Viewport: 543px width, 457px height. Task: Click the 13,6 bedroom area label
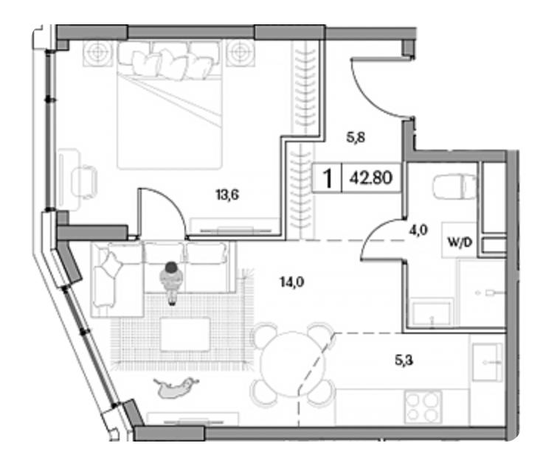(227, 195)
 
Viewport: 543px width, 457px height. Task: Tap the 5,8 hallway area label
(356, 138)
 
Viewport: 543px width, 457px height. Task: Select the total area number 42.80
(371, 178)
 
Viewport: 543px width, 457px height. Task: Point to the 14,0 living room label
(292, 282)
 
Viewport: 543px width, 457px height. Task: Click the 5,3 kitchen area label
(404, 360)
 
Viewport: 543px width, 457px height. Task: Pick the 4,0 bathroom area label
(418, 230)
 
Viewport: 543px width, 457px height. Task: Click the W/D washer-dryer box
(459, 240)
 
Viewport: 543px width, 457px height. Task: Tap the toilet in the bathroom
(454, 186)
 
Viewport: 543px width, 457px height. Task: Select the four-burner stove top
(423, 406)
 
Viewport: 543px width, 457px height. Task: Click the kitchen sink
(487, 362)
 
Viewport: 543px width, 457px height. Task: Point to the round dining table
(293, 363)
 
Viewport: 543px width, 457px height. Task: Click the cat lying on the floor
(176, 387)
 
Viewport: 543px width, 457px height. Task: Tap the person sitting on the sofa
(171, 282)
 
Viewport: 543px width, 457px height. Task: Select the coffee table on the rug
(185, 334)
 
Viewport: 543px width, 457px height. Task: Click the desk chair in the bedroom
(84, 182)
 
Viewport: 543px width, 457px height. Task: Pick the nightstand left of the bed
(98, 54)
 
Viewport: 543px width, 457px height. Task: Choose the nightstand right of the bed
(241, 53)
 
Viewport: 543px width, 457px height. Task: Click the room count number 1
(327, 178)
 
